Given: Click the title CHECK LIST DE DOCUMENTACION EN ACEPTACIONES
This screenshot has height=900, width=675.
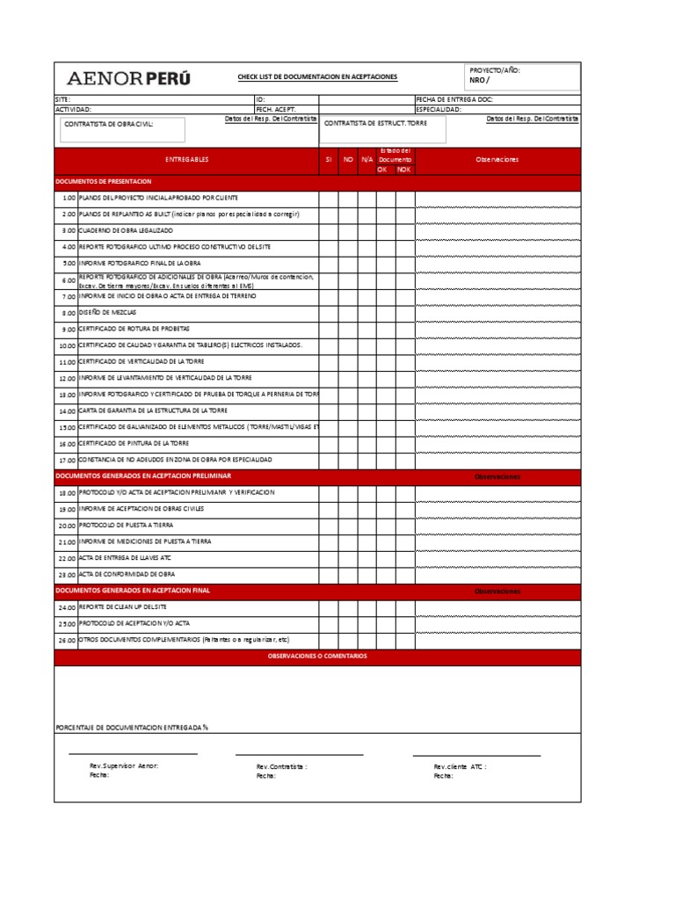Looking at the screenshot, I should pyautogui.click(x=317, y=77).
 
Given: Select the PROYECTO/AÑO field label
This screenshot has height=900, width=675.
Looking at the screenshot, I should pyautogui.click(x=496, y=69).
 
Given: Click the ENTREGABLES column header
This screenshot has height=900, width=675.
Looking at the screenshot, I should pyautogui.click(x=187, y=160).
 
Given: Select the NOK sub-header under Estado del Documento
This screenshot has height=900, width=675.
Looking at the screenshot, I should pyautogui.click(x=403, y=169).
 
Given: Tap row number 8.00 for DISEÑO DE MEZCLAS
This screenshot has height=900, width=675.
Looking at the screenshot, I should pyautogui.click(x=69, y=313).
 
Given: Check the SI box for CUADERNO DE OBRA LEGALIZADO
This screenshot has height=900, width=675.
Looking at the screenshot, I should pyautogui.click(x=328, y=230).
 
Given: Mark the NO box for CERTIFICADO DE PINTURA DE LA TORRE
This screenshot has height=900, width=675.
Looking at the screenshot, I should pyautogui.click(x=348, y=444).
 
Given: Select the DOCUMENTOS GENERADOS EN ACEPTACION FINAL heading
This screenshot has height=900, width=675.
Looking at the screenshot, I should pyautogui.click(x=133, y=591).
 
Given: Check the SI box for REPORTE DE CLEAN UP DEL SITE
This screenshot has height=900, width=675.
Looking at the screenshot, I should pyautogui.click(x=328, y=607).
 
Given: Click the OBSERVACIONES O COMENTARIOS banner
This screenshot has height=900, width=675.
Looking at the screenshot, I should pyautogui.click(x=317, y=657).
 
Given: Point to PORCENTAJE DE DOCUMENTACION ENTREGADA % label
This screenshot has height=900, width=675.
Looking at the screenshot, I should pyautogui.click(x=132, y=728).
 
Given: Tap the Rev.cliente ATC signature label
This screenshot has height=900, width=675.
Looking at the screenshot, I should pyautogui.click(x=460, y=766).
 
